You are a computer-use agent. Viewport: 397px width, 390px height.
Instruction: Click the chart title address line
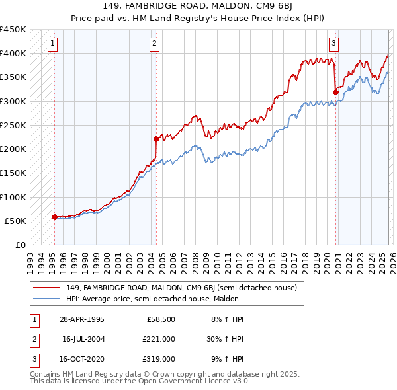pos(198,7)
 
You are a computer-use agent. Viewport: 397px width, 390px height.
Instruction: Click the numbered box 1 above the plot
pos(52,44)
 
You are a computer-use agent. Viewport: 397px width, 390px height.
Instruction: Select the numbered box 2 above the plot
pos(154,44)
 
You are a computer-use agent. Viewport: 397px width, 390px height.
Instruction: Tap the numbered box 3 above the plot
pos(333,44)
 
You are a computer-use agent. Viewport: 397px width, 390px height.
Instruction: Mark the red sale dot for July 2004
pos(156,139)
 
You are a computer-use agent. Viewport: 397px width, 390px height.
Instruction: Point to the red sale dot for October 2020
pos(335,92)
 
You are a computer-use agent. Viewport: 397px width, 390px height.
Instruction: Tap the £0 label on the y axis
pos(20,245)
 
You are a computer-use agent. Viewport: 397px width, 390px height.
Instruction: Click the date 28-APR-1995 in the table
pos(81,319)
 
